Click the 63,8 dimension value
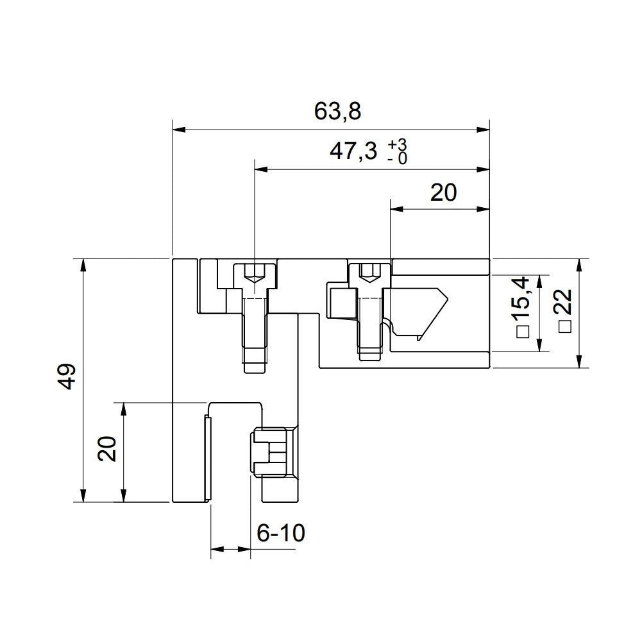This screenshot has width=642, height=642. click(338, 112)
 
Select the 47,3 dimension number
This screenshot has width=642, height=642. click(352, 151)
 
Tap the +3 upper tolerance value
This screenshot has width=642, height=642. click(397, 144)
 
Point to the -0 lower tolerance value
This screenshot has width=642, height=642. click(397, 158)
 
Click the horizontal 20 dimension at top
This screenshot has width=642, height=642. click(443, 192)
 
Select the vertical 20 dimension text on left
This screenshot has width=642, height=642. click(108, 449)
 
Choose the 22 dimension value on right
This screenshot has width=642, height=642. click(565, 301)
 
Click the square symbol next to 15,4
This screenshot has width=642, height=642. click(522, 332)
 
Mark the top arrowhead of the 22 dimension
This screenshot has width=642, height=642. click(580, 264)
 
